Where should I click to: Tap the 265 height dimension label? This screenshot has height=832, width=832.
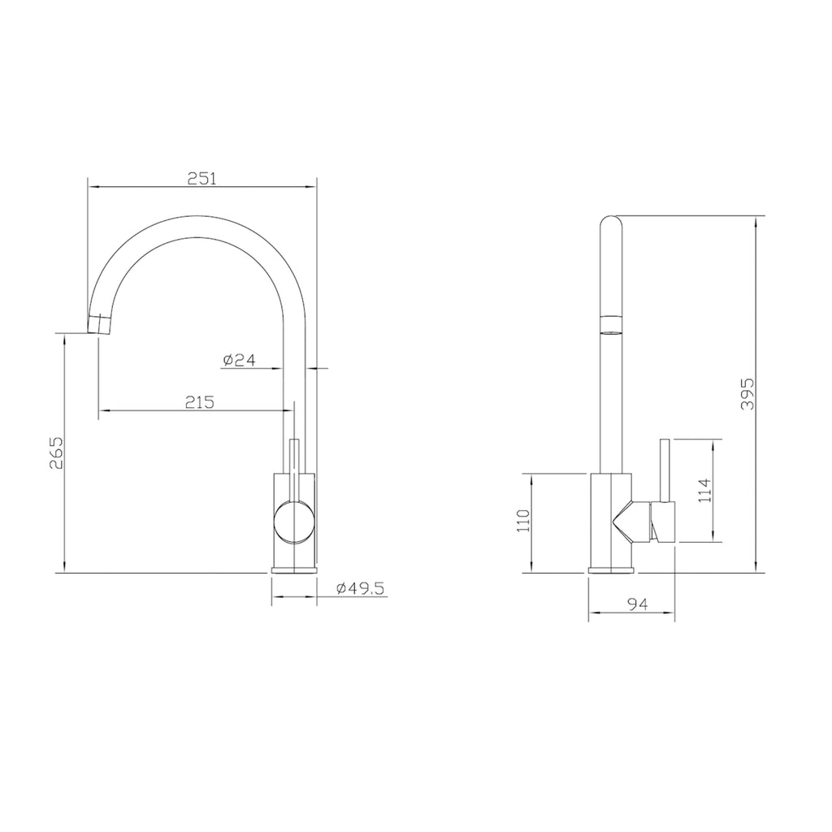click(x=56, y=453)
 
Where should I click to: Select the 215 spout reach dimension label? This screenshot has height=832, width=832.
click(x=200, y=402)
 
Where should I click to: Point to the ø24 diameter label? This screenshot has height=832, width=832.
click(x=239, y=360)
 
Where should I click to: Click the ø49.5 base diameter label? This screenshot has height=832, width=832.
click(x=360, y=588)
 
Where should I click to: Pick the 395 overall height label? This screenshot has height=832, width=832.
click(x=747, y=394)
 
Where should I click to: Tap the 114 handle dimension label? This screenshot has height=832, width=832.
click(x=704, y=490)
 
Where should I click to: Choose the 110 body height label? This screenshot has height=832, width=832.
click(x=523, y=521)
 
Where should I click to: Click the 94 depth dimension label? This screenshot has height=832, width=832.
click(x=637, y=604)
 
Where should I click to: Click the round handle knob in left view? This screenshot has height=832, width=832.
click(x=294, y=522)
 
